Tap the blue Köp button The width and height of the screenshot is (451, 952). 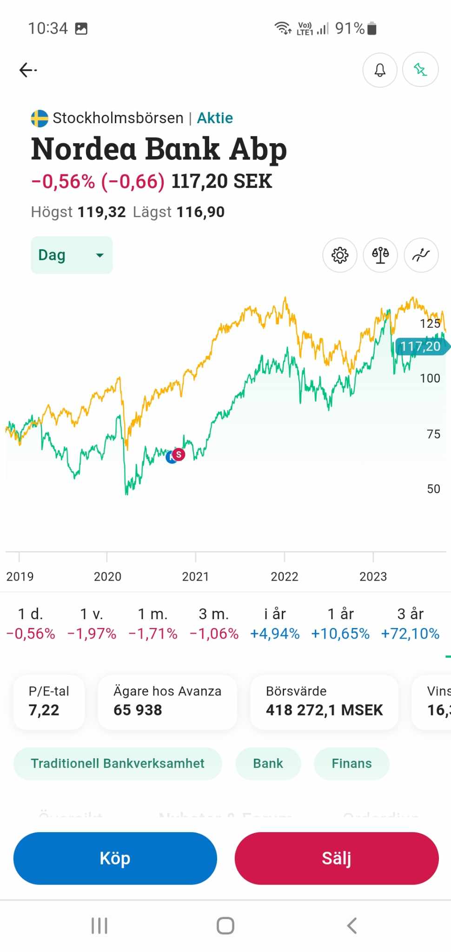point(115,858)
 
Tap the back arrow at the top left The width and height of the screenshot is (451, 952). point(28,70)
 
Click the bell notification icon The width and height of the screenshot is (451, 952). point(380,70)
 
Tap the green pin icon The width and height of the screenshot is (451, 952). point(420,70)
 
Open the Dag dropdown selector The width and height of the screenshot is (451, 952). point(72,255)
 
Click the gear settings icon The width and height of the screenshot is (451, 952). point(340,255)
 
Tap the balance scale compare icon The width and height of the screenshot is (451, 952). point(380,255)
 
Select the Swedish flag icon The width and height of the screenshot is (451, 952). point(40,118)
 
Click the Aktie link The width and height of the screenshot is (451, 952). point(215,118)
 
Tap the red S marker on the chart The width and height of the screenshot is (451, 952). point(179,454)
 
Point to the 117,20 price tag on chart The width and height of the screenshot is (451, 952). point(421,346)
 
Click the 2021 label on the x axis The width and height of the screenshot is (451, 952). point(195,576)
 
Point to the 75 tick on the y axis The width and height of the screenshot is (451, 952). point(433,434)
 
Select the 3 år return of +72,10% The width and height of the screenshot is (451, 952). point(410,633)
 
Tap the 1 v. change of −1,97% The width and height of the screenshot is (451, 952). point(92,633)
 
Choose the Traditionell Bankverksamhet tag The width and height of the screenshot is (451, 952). point(118,763)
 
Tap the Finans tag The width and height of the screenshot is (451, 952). point(352,763)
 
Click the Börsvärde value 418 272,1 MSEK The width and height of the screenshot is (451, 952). point(324,710)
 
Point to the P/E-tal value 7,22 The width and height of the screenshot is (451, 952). point(44,710)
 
